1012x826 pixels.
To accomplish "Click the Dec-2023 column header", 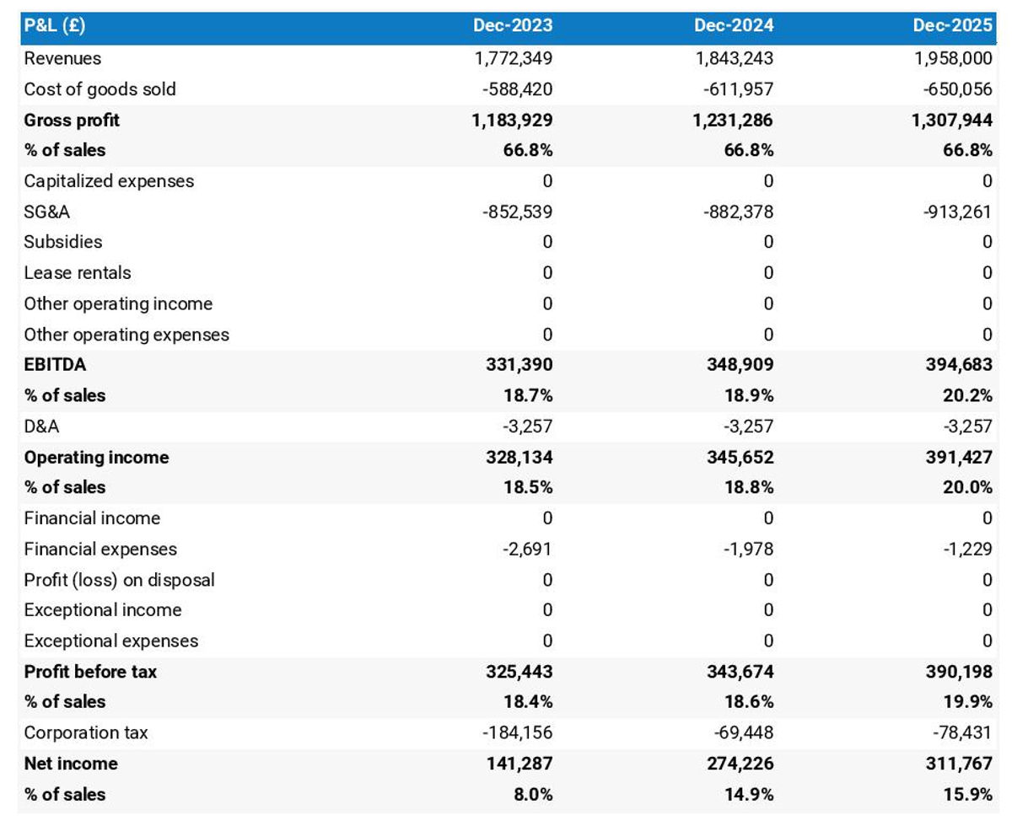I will (x=513, y=25).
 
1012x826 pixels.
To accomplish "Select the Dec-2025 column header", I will (x=952, y=25).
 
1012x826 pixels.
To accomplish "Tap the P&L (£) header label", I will (x=55, y=25).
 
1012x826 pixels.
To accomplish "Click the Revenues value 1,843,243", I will (x=733, y=58).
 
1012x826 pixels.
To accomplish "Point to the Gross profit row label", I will (x=72, y=120).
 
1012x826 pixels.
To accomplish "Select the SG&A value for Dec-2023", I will (x=517, y=212).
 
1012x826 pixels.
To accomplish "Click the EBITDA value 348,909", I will (x=740, y=365).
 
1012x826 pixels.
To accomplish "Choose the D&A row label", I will (x=41, y=426).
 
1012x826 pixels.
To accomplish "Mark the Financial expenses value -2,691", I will (x=527, y=549).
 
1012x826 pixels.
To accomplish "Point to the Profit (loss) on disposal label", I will (x=119, y=580).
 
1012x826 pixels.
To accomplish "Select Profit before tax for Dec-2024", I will (x=740, y=672).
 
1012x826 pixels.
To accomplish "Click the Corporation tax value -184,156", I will (x=517, y=732).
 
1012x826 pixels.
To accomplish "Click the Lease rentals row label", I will (x=78, y=273).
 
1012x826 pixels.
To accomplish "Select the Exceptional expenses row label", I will (x=110, y=641).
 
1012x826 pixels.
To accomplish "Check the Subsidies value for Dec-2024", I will (x=767, y=242).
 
